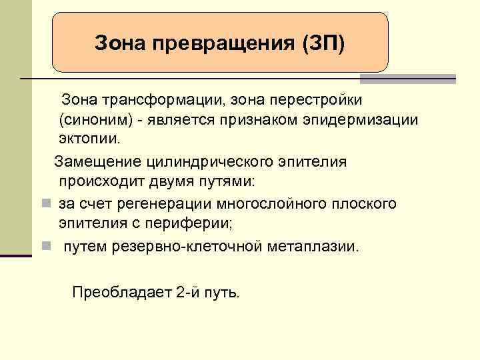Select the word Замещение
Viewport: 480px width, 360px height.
coord(97,161)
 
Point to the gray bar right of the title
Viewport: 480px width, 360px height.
coord(407,79)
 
